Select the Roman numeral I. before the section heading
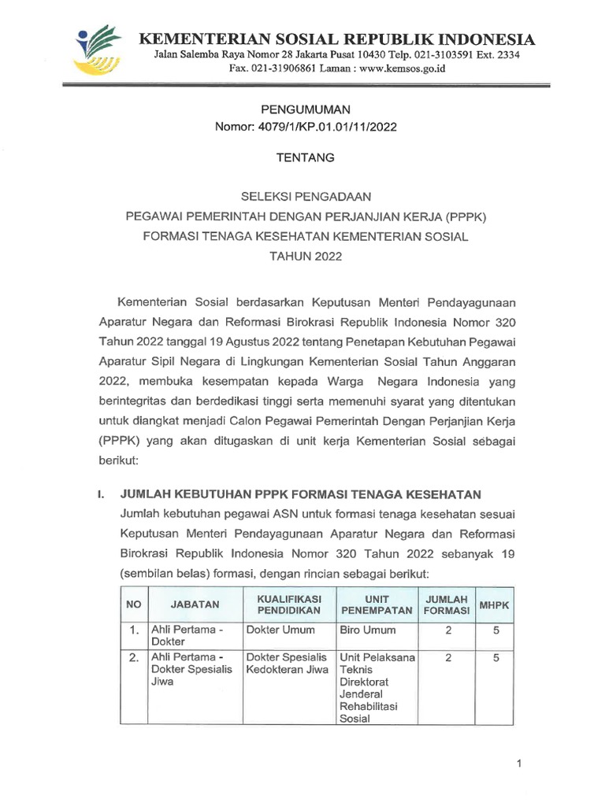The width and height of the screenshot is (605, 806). [x=101, y=494]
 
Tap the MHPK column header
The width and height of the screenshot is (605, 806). [x=496, y=604]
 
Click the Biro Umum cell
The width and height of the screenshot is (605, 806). [x=368, y=630]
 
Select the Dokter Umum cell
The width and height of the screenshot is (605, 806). [x=280, y=630]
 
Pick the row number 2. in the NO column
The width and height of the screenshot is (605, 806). [x=135, y=656]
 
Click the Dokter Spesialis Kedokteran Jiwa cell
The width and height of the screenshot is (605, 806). [x=286, y=663]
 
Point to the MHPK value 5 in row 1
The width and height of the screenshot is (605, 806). [x=496, y=630]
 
